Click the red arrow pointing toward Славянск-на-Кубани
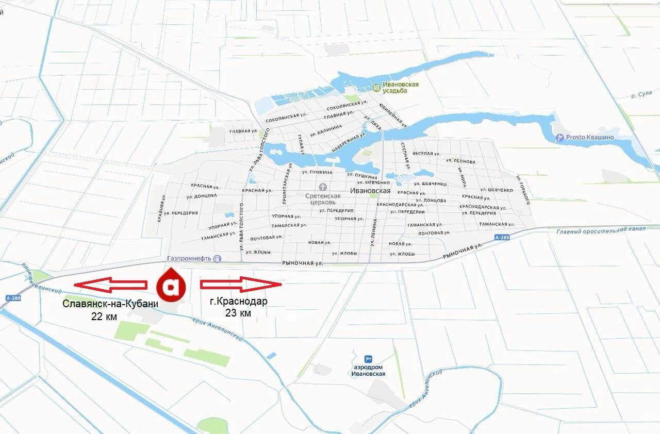pos(110,284)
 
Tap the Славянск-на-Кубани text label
pos(110,303)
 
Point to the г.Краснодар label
pos(239,302)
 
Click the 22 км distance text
pos(104,316)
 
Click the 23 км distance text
pos(238,313)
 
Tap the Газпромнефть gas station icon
pos(218,258)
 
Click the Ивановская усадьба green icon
pos(377,88)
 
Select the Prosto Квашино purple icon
pos(560,138)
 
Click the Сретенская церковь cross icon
pos(323,187)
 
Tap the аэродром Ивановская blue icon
pos(368,359)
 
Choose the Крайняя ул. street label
pos(161,209)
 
